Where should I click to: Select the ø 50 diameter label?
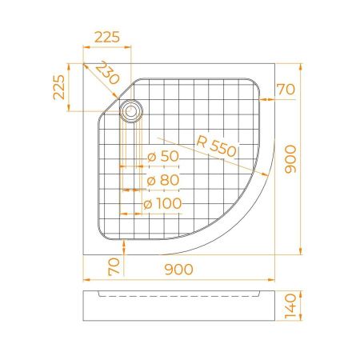click(x=164, y=156)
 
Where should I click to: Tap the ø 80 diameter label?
click(x=164, y=180)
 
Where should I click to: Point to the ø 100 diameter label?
click(x=163, y=204)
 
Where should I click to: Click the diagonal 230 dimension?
click(x=106, y=74)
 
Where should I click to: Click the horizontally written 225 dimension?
click(x=107, y=36)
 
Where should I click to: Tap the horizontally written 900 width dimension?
click(x=178, y=270)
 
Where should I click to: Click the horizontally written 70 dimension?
click(x=287, y=88)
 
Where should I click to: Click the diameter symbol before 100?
click(x=148, y=204)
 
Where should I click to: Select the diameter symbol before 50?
click(x=150, y=156)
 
